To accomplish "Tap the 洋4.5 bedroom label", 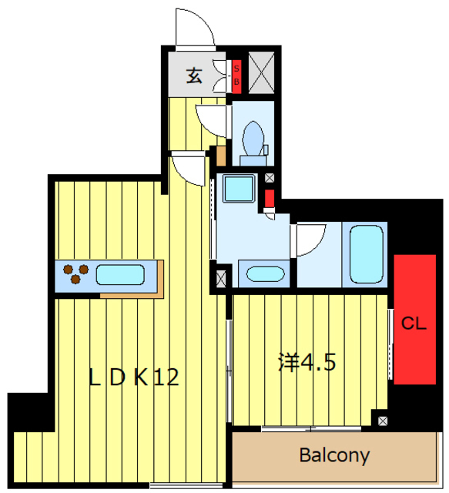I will (x=306, y=361).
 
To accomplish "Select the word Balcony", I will (x=333, y=455).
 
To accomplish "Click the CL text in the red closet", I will (x=414, y=324).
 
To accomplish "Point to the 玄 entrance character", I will (x=193, y=76).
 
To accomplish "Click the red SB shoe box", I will (x=236, y=74).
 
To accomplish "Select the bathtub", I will (x=367, y=253).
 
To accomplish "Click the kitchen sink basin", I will (x=119, y=273).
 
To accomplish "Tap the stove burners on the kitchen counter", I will (x=76, y=273).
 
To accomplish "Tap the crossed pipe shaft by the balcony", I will (x=383, y=420).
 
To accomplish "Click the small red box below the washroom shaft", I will (x=269, y=200).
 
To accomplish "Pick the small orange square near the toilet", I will (x=222, y=155).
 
